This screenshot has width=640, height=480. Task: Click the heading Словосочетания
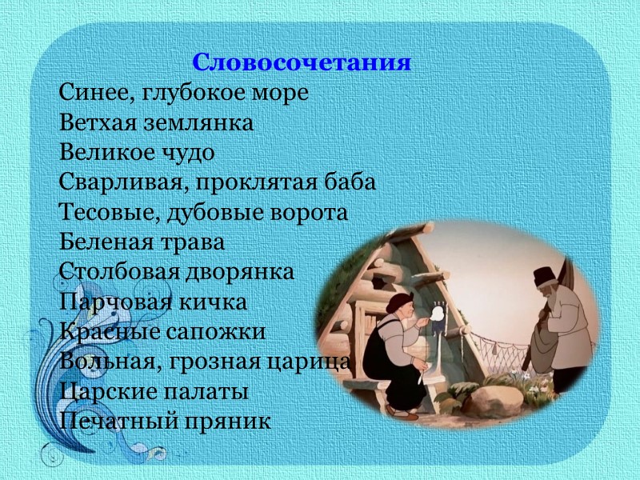(x=302, y=62)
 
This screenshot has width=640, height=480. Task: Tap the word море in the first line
(x=280, y=94)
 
